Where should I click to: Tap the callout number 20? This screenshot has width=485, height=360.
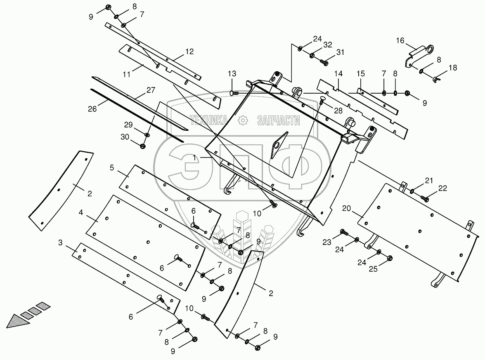[x=347, y=209]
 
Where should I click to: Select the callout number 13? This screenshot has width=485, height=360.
[x=232, y=74]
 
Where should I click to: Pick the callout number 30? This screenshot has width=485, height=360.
[x=125, y=136]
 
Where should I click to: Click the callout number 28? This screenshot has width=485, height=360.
[x=338, y=111]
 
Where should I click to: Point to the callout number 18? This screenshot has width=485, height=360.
[x=453, y=68]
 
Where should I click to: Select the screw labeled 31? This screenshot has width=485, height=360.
[x=324, y=62]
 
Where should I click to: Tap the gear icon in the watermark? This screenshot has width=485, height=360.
[x=242, y=120]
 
